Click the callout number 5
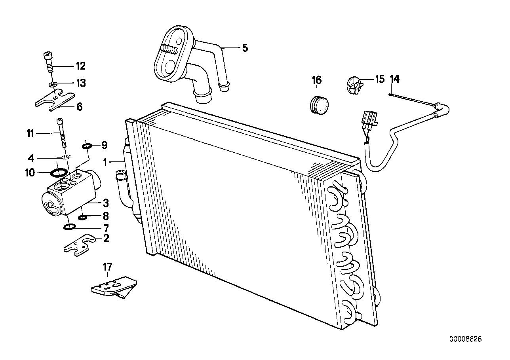tap(245, 48)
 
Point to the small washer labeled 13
tap(52, 84)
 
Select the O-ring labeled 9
tap(87, 147)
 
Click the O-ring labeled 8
tap(83, 217)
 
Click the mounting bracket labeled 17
tap(113, 287)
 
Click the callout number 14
tap(394, 79)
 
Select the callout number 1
tap(105, 162)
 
